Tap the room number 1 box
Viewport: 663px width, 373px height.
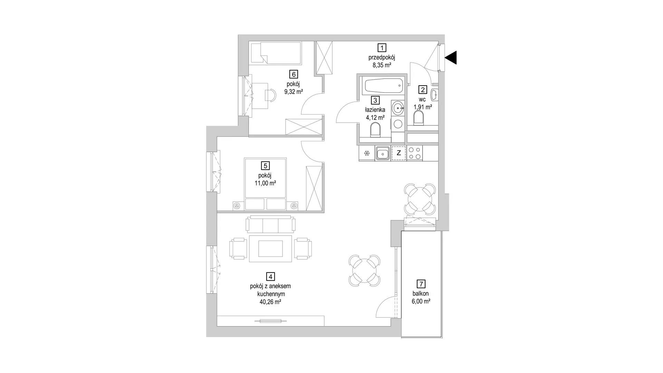click(x=382, y=47)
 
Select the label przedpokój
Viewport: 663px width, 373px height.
click(x=382, y=57)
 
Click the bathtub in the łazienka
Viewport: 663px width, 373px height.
click(x=384, y=85)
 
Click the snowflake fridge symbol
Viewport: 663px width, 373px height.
click(x=367, y=153)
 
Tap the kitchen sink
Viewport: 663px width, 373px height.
click(x=383, y=153)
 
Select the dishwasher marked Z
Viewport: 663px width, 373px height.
click(x=398, y=153)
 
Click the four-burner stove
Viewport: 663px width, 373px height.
click(x=414, y=153)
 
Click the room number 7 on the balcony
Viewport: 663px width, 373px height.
click(x=421, y=284)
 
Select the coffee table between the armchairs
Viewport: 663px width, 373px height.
click(x=270, y=248)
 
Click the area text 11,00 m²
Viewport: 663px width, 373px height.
click(x=265, y=183)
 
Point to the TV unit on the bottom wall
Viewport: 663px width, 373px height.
click(x=270, y=321)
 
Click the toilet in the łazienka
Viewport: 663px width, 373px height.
click(x=375, y=131)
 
